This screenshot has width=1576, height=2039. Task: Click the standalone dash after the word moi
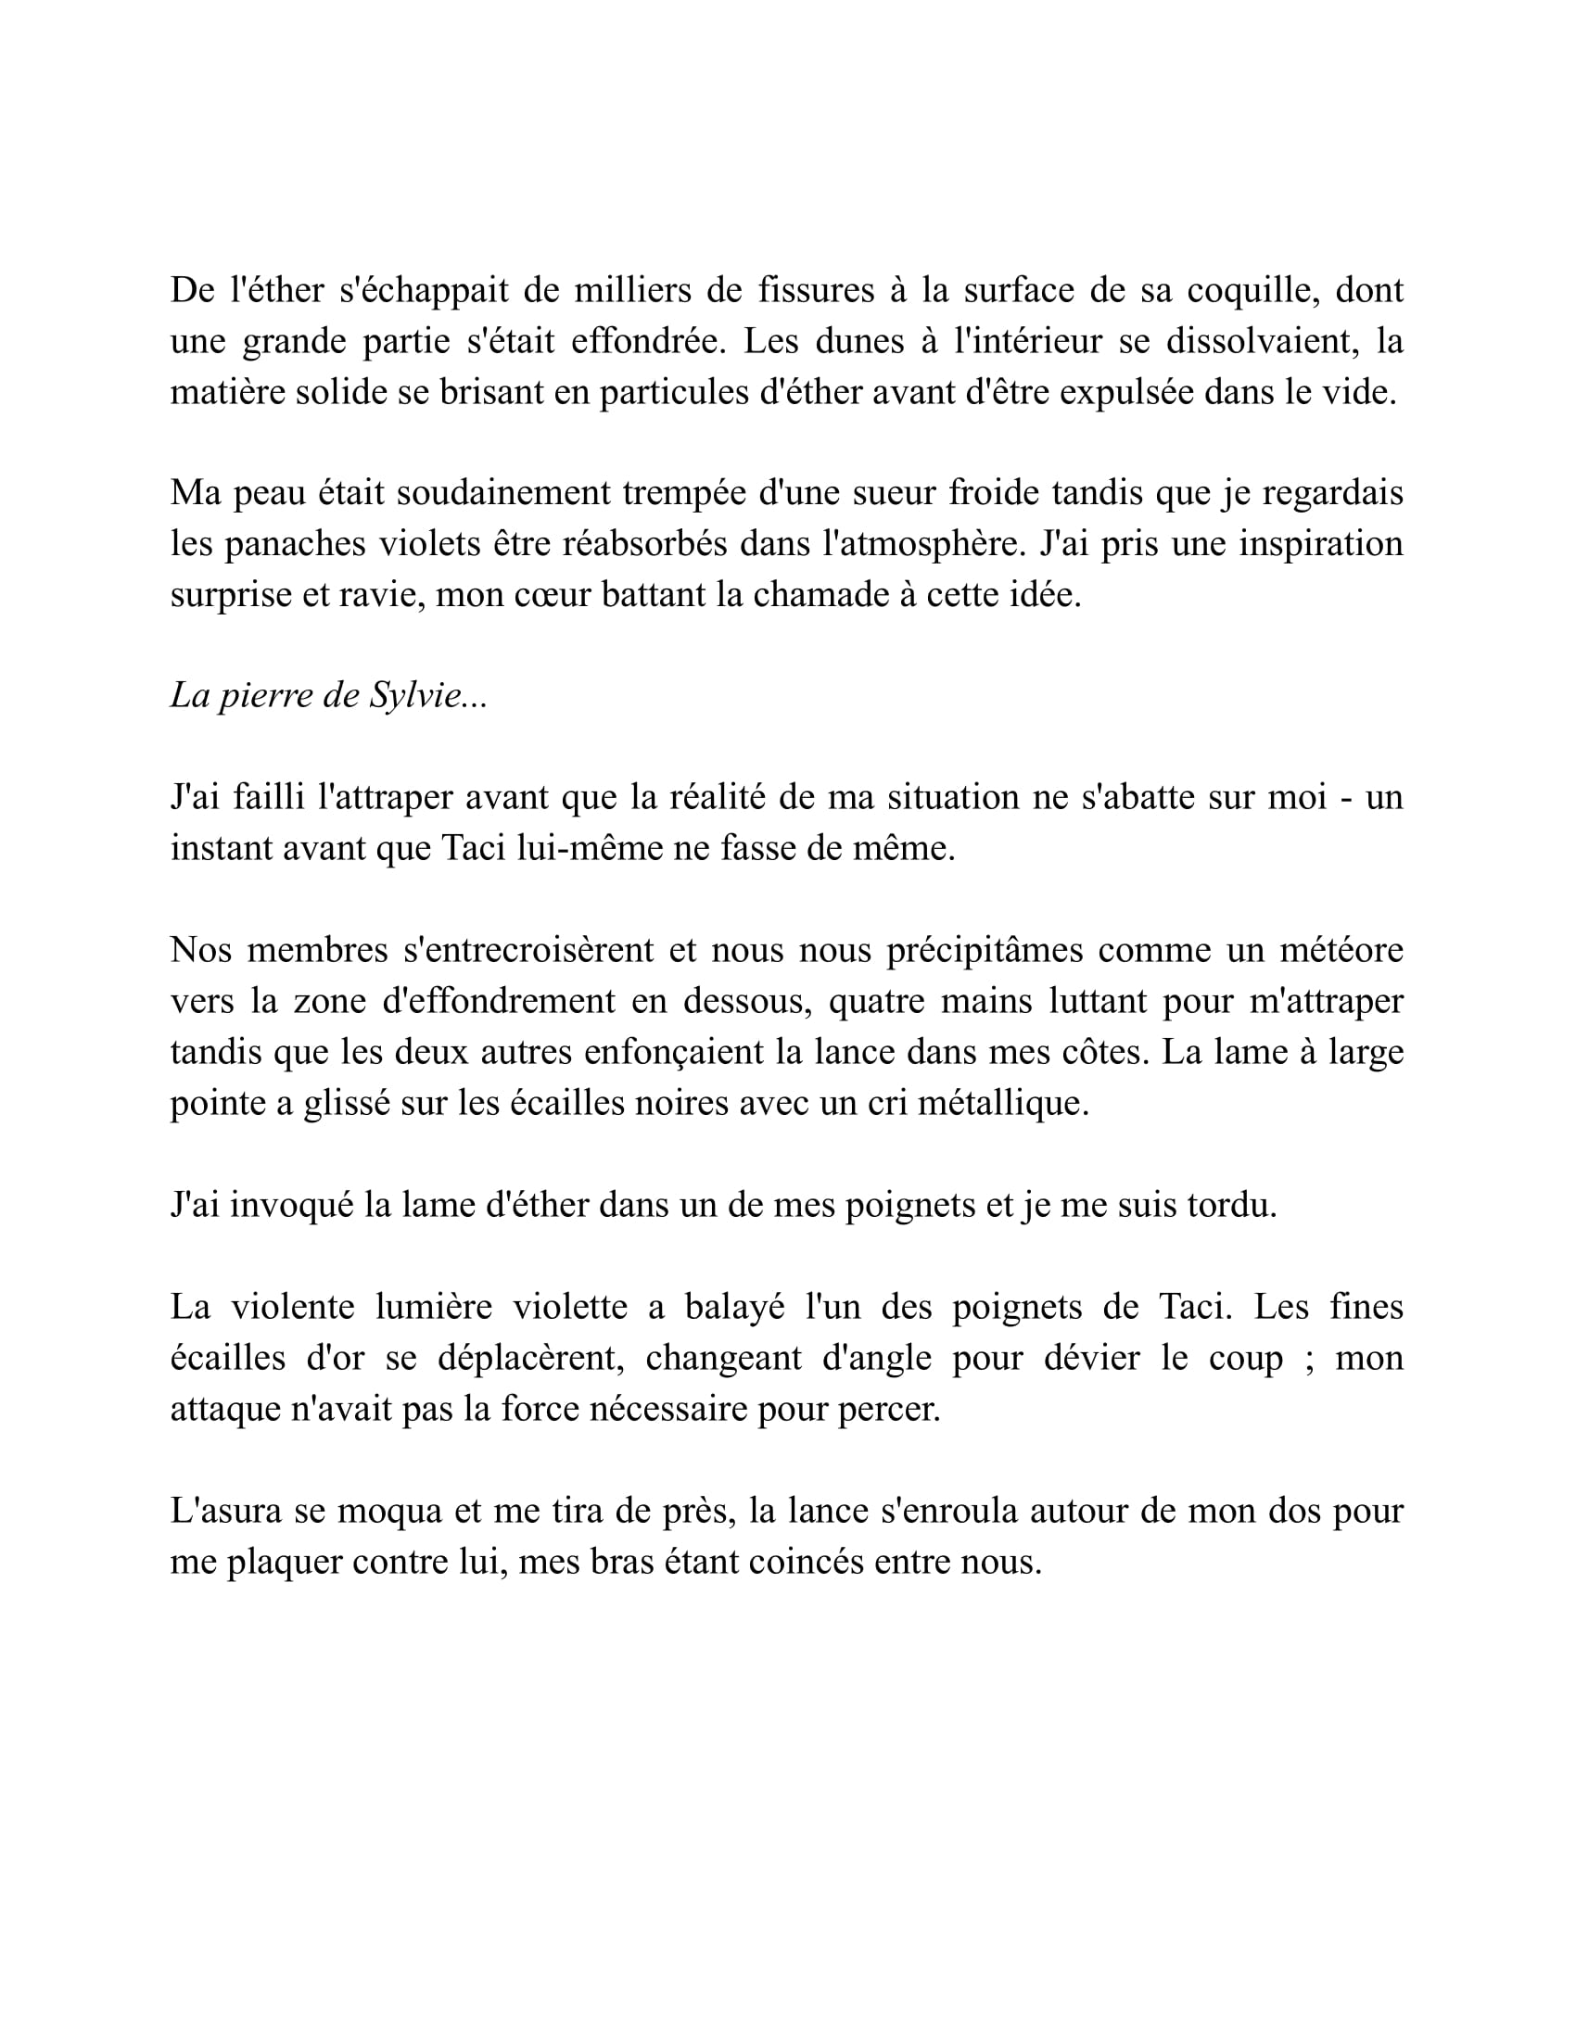1345,799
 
